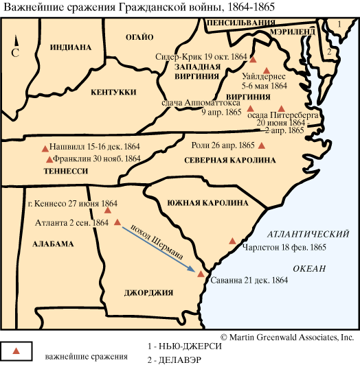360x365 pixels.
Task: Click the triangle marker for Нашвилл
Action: [45, 148]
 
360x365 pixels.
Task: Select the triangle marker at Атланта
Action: [117, 222]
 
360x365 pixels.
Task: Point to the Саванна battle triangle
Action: [201, 274]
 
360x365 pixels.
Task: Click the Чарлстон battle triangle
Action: [233, 241]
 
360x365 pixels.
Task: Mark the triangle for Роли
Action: [260, 145]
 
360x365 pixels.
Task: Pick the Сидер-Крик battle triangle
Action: [254, 60]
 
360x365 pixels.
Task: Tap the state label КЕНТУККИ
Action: [115, 92]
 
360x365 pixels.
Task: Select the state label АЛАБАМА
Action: [52, 244]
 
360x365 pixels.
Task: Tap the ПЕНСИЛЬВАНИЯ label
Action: [240, 21]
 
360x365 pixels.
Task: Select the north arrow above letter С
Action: [14, 39]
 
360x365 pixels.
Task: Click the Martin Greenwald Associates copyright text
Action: [287, 337]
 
